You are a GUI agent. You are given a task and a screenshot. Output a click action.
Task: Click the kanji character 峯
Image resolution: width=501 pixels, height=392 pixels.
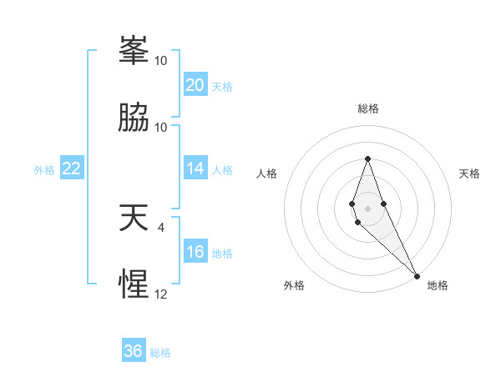134,52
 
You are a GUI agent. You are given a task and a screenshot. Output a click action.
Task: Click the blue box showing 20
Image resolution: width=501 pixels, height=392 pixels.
195,85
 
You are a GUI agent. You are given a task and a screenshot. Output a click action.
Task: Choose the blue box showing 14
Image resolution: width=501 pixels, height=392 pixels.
195,168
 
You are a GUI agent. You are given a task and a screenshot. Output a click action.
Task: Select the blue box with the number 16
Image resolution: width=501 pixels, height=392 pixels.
195,252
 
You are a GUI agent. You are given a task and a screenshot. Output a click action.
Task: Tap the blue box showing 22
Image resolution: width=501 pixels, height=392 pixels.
72,168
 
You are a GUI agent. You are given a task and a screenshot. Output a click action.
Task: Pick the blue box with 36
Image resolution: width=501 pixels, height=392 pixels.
134,351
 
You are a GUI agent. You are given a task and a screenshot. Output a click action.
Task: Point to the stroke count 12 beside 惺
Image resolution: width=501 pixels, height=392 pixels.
161,294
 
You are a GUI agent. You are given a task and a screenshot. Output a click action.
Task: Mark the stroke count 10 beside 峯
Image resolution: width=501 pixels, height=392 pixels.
161,61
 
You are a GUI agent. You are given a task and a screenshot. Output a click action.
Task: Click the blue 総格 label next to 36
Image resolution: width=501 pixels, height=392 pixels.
160,353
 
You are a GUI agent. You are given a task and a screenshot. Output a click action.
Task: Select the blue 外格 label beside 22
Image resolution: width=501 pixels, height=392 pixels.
44,169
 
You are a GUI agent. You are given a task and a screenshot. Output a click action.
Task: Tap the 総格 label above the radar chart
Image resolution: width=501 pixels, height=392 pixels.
368,108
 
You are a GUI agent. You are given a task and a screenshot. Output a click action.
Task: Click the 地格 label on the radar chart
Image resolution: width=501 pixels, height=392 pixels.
438,285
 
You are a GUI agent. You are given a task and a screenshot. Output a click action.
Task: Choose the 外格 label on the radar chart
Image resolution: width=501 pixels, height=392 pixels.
294,285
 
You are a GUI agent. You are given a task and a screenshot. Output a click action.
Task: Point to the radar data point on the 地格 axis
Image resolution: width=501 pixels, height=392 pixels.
417,275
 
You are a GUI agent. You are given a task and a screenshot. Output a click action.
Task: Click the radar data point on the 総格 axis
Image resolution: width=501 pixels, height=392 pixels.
367,158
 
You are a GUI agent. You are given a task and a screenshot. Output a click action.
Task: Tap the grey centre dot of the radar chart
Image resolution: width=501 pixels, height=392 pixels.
367,209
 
